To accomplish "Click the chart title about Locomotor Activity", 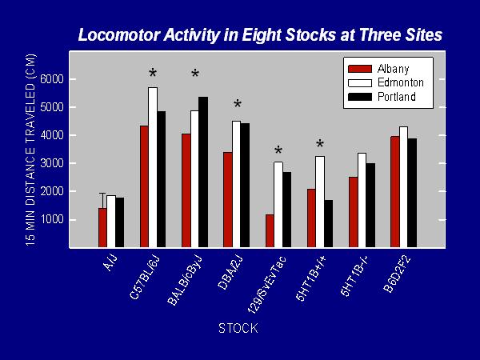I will [260, 35].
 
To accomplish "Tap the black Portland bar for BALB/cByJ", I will [202, 172].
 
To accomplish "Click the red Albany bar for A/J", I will [102, 227].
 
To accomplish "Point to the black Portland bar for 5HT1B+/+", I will [327, 223].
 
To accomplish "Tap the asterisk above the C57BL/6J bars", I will [153, 74].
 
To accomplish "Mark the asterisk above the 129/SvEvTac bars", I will [278, 151].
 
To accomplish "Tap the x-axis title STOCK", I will [238, 329].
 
